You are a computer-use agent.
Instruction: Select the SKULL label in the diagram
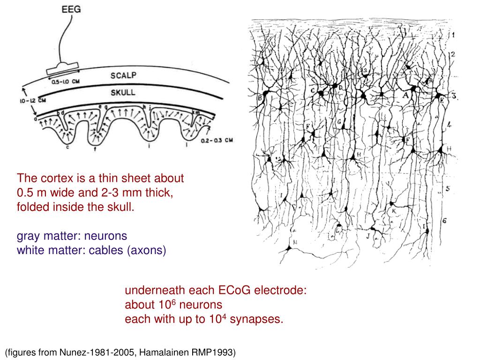pyautogui.click(x=123, y=92)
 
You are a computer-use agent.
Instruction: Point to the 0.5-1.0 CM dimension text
pyautogui.click(x=66, y=82)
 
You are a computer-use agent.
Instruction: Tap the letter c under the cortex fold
pyautogui.click(x=67, y=148)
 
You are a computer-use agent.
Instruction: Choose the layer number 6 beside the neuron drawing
pyautogui.click(x=444, y=221)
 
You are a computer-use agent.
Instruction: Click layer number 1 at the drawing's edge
pyautogui.click(x=453, y=35)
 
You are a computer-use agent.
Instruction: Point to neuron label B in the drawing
pyautogui.click(x=259, y=98)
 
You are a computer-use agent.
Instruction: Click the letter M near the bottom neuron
pyautogui.click(x=295, y=242)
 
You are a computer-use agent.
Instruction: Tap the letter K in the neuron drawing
pyautogui.click(x=394, y=211)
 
